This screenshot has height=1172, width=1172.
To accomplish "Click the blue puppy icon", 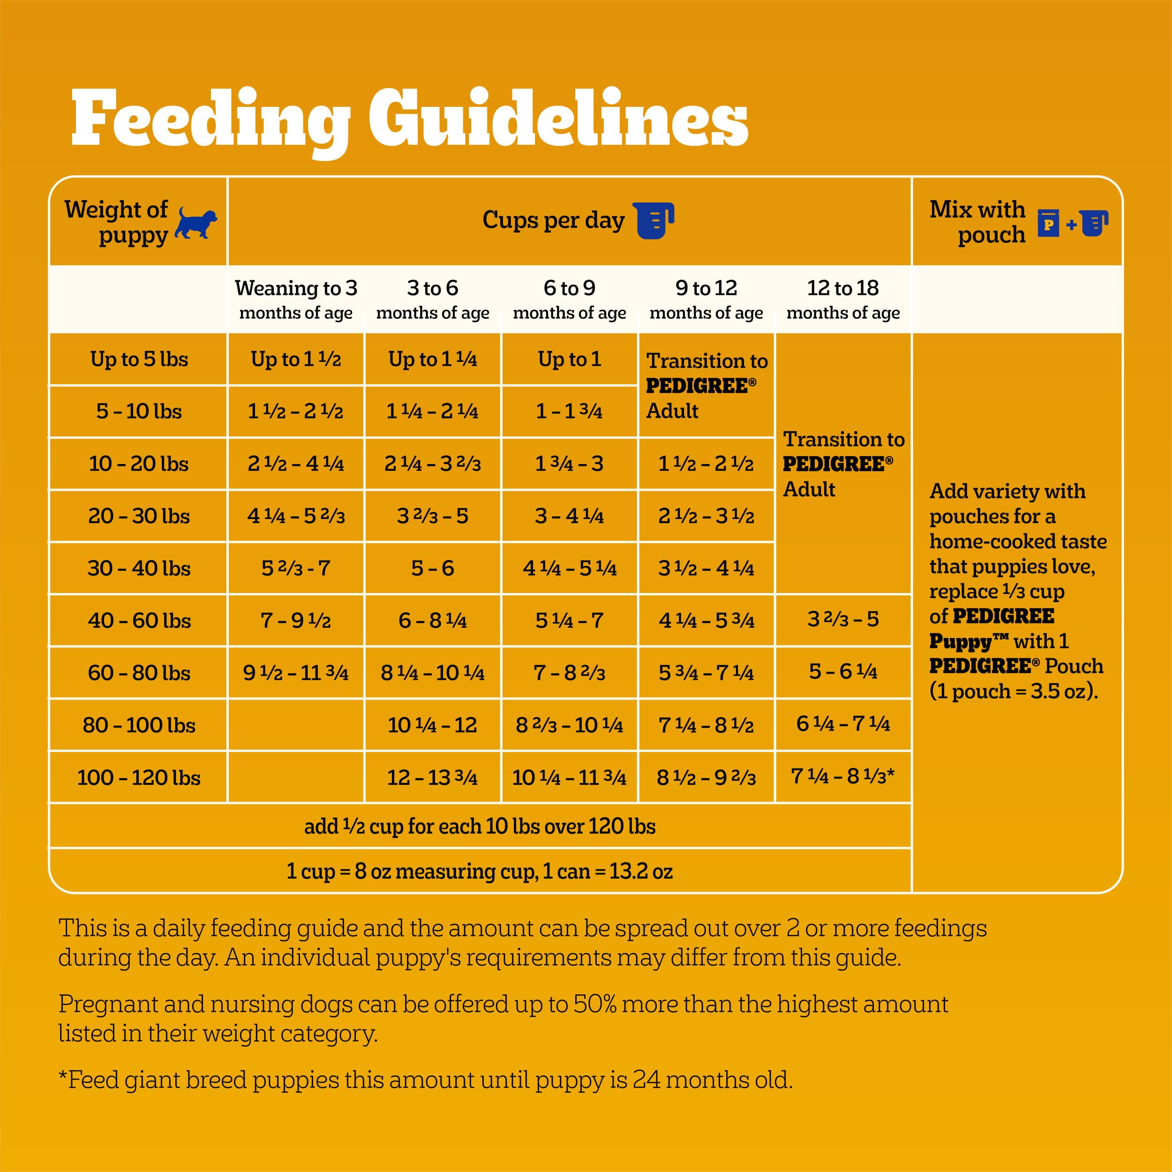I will point(195,223).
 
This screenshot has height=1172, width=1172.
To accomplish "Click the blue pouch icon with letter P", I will point(1048,223).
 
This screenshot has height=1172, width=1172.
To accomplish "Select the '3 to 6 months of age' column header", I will point(433,299).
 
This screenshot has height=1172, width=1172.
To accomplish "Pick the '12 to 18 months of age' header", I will point(842,299).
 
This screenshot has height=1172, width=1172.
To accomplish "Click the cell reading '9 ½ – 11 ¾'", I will point(295,673).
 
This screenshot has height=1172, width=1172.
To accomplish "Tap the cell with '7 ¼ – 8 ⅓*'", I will point(842,776).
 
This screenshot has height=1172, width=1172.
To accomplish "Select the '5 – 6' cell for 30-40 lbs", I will point(433,568).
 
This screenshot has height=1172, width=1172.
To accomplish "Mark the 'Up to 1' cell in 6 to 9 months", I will point(569,359).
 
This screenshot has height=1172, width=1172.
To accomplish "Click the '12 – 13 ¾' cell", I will point(433,777).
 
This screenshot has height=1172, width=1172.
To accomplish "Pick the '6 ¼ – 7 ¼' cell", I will point(842,724).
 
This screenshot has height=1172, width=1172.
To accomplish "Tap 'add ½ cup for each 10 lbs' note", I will point(479,826).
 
